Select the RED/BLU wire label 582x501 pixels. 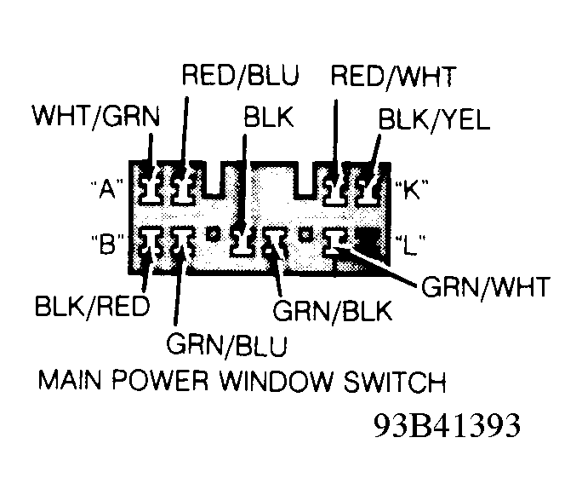241,76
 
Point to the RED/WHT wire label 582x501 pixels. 393,76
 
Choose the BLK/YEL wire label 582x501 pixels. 435,118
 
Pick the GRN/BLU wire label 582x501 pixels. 227,345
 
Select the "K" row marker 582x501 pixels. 410,189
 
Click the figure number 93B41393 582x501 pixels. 446,425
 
